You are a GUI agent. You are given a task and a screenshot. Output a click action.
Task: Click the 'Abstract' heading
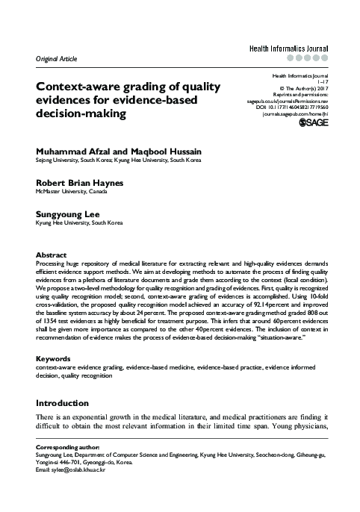pyautogui.click(x=52, y=255)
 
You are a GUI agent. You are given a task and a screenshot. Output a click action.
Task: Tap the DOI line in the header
pyautogui.click(x=291, y=107)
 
